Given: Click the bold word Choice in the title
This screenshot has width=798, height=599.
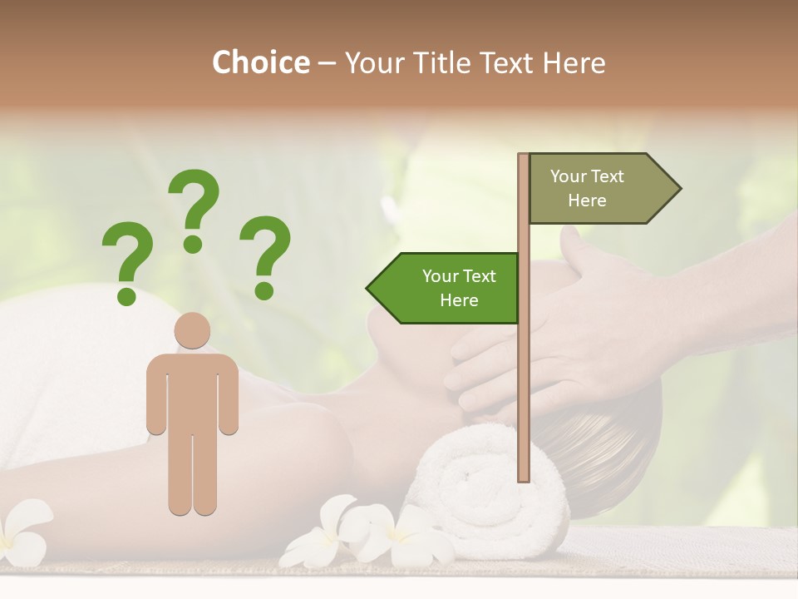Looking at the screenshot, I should tap(260, 62).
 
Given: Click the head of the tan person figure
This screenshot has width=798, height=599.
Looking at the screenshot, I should tap(192, 330).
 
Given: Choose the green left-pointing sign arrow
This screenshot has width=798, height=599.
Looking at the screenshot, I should tap(445, 288).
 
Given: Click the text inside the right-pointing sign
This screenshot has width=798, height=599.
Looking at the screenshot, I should tap(587, 188).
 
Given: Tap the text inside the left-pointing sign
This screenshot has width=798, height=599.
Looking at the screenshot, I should tap(459, 288).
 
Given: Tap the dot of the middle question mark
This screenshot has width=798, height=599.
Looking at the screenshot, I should tap(194, 243).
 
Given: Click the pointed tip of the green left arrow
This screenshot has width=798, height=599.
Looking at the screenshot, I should tap(369, 289).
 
